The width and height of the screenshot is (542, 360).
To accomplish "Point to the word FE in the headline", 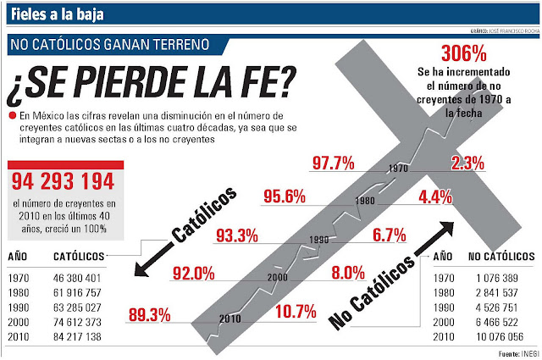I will click(x=252, y=83).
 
